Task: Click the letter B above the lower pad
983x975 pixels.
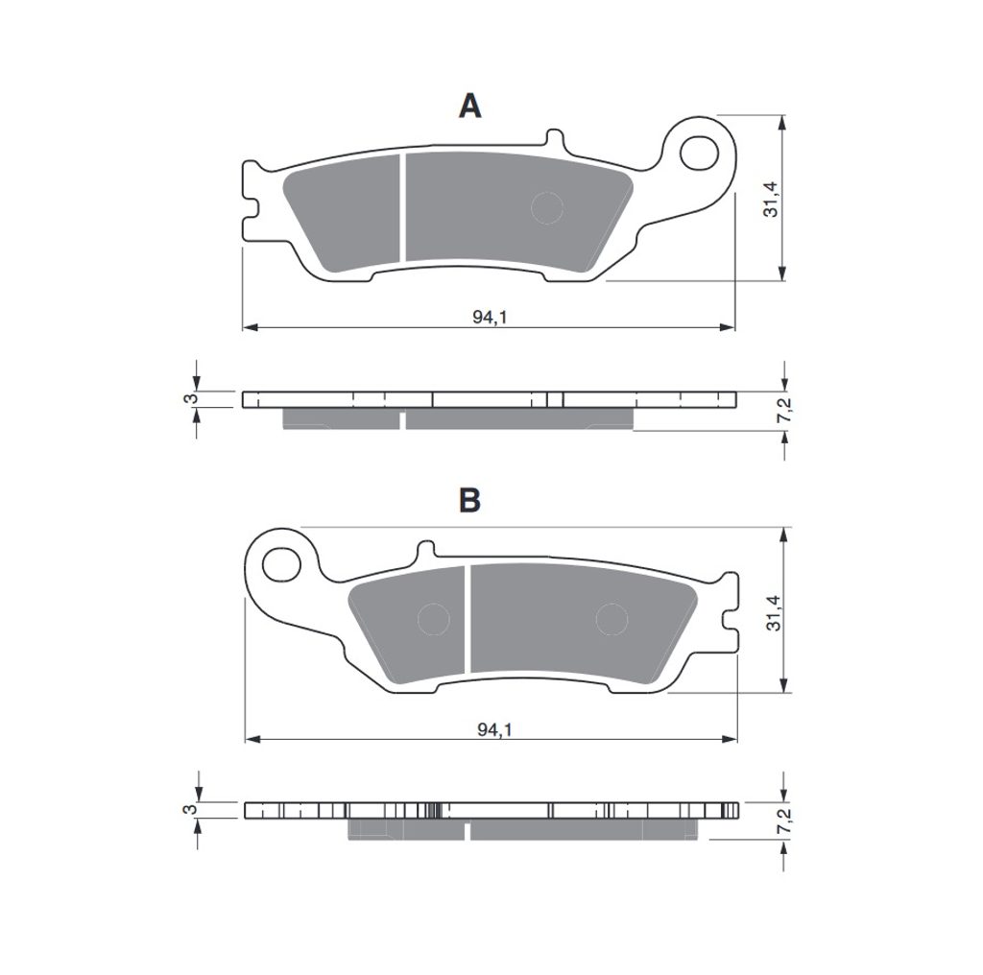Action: (470, 500)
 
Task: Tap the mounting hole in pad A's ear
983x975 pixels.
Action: (699, 153)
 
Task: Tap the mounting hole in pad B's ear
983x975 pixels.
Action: (281, 565)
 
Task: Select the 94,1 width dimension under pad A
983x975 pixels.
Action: (489, 317)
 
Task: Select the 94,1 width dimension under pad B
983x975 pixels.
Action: (494, 729)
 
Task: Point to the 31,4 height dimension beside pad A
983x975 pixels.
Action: (770, 200)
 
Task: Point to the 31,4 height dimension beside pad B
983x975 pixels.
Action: (774, 612)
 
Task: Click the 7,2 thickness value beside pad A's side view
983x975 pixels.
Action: (784, 410)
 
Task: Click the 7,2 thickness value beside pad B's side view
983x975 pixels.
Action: (784, 820)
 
